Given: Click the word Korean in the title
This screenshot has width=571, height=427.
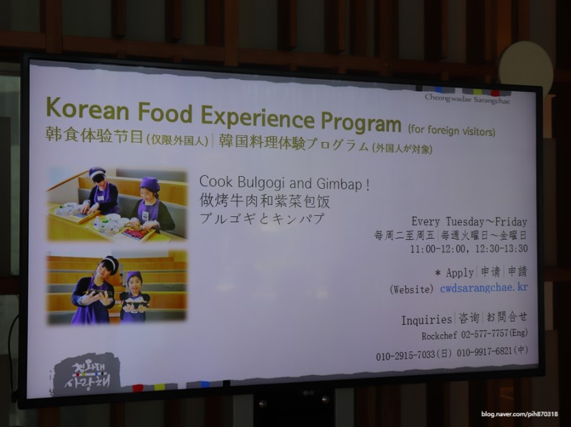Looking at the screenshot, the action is (88, 108).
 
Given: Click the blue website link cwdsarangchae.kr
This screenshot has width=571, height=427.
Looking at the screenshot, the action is (484, 288).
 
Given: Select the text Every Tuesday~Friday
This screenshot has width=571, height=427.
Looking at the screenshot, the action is (470, 222).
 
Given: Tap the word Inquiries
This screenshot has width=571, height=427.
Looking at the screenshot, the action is (426, 320).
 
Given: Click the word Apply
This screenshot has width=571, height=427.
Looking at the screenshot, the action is (460, 272).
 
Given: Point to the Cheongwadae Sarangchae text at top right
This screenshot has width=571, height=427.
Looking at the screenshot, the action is (468, 99).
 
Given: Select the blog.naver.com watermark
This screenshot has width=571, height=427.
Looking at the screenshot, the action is (520, 414).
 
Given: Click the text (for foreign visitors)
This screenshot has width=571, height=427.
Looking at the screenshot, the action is (452, 130).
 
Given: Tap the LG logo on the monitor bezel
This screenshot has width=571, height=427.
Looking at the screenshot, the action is (308, 393).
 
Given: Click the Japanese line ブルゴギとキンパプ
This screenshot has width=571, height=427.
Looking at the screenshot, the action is (262, 218).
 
